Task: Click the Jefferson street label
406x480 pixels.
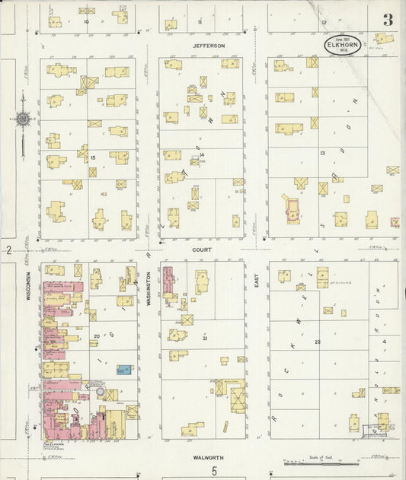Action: coord(209,46)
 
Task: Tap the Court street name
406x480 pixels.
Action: coord(201,249)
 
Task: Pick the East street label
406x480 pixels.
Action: coord(256,281)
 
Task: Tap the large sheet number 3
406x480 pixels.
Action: coord(387,20)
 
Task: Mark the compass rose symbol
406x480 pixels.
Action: coord(24,119)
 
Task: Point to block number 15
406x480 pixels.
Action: coord(92,157)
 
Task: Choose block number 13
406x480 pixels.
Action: coord(322,154)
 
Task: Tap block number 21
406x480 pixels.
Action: coord(206,337)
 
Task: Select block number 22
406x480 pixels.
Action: coord(317,342)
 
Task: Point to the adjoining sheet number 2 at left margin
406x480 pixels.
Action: coord(7,250)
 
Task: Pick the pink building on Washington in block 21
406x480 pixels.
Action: coord(168,281)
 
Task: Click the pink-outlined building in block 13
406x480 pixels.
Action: coord(290,207)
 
